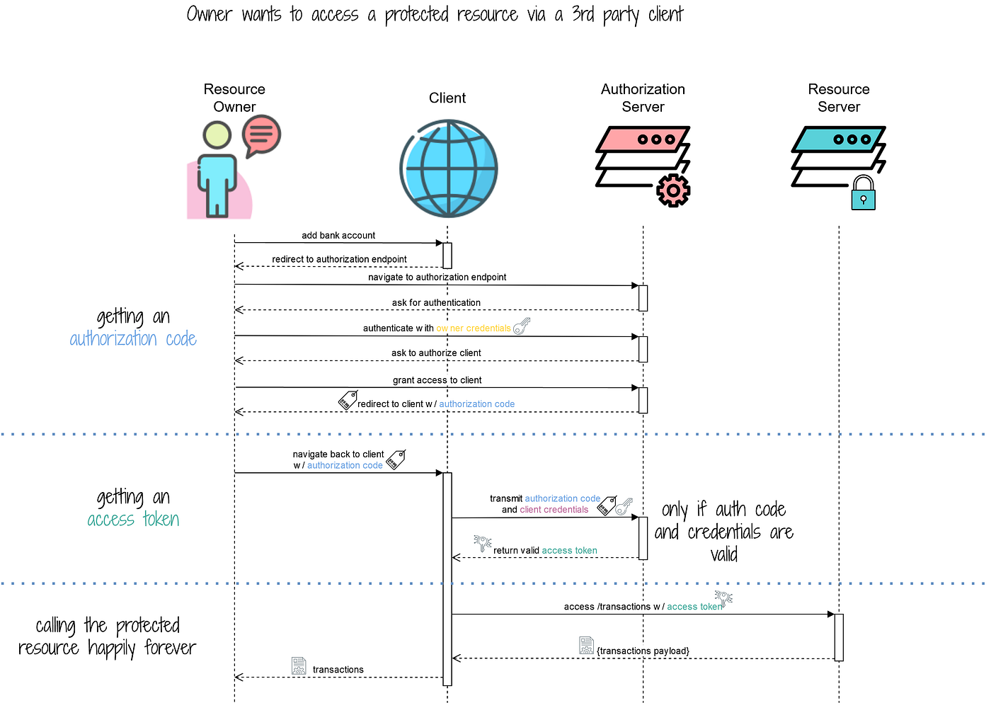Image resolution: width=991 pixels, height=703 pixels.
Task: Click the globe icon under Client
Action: (449, 168)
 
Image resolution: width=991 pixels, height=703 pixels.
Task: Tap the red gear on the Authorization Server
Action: (673, 190)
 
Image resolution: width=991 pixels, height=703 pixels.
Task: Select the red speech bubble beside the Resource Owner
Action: (261, 135)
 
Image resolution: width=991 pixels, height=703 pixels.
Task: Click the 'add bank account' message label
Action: (338, 235)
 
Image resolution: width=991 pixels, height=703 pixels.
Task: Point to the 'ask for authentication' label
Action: (436, 302)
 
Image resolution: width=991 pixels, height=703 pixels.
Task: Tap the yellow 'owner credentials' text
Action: (474, 328)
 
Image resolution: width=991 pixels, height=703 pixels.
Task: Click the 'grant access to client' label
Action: (437, 380)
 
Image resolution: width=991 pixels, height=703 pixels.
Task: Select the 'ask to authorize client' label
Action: (436, 353)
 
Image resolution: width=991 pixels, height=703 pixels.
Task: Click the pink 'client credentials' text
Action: (554, 510)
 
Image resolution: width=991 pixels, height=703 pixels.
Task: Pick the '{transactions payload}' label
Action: (643, 651)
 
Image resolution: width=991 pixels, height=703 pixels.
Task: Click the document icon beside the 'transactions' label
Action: (299, 665)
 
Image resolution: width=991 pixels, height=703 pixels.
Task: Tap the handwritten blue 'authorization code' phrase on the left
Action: (133, 339)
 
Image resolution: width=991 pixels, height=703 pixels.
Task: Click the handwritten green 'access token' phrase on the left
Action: (133, 520)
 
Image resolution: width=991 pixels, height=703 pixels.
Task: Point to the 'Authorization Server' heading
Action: (643, 98)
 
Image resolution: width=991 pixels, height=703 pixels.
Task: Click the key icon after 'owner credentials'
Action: (522, 326)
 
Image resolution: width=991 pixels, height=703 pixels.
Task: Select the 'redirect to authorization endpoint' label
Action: (339, 259)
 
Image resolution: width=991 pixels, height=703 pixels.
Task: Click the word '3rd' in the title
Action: (583, 14)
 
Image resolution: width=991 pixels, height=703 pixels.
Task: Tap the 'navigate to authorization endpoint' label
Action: (437, 277)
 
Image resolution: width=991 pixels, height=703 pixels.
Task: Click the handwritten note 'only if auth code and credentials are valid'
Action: (723, 532)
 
